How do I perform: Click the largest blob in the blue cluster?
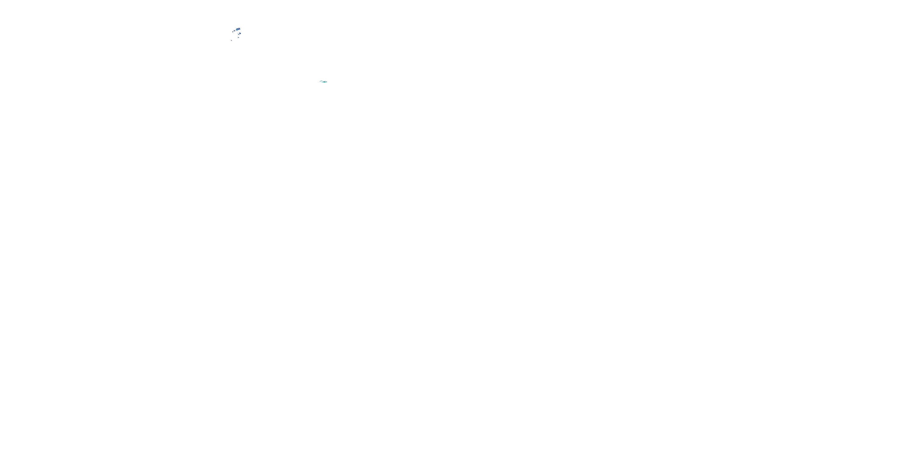[x=238, y=29]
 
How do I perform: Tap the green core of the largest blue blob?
[x=237, y=30]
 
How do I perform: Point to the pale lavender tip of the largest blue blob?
[x=240, y=28]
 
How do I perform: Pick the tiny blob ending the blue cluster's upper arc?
[x=233, y=32]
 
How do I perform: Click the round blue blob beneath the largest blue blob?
[x=240, y=33]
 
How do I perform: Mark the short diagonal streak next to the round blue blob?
[x=238, y=35]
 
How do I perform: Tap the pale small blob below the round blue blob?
[x=238, y=38]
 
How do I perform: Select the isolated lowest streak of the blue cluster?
[x=231, y=41]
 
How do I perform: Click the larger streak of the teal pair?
[x=324, y=82]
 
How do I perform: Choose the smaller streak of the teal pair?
[x=321, y=81]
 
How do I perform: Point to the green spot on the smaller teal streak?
[x=322, y=81]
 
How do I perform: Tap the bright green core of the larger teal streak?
[x=324, y=82]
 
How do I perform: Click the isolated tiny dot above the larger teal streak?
[x=325, y=81]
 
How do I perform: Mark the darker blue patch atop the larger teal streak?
[x=324, y=82]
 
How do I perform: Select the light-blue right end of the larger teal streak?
[x=327, y=82]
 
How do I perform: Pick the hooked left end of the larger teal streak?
[x=322, y=82]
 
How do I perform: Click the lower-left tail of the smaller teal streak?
[x=320, y=82]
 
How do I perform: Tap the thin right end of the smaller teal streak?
[x=322, y=81]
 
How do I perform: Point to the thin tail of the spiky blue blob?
[x=235, y=31]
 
